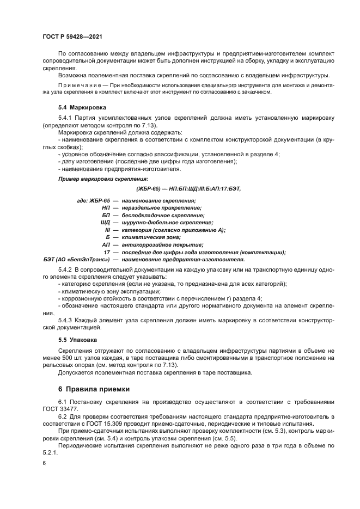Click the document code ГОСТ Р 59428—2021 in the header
(x=72, y=36)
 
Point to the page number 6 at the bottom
(x=45, y=463)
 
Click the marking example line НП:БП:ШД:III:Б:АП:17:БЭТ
(x=187, y=188)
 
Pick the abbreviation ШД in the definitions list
(x=105, y=222)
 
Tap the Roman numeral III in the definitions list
(x=107, y=230)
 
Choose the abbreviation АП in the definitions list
(x=106, y=244)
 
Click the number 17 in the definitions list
(x=107, y=252)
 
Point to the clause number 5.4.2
(x=65, y=270)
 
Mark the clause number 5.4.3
(x=65, y=320)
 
